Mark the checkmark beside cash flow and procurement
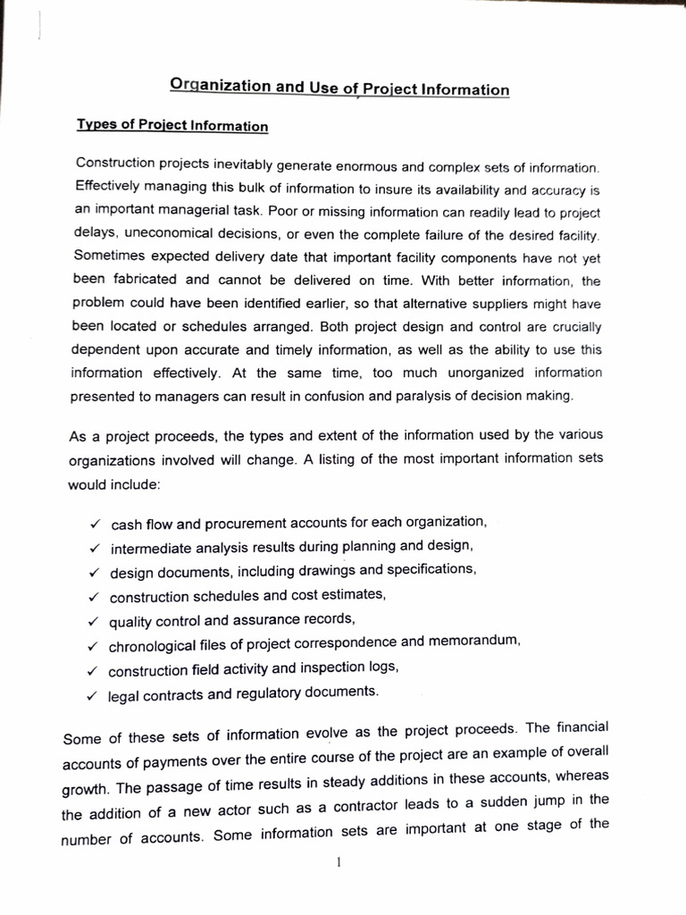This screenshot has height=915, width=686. pos(94,523)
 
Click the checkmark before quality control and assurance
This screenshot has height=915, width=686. pos(92,620)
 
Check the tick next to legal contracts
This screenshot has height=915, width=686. pos(91,693)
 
